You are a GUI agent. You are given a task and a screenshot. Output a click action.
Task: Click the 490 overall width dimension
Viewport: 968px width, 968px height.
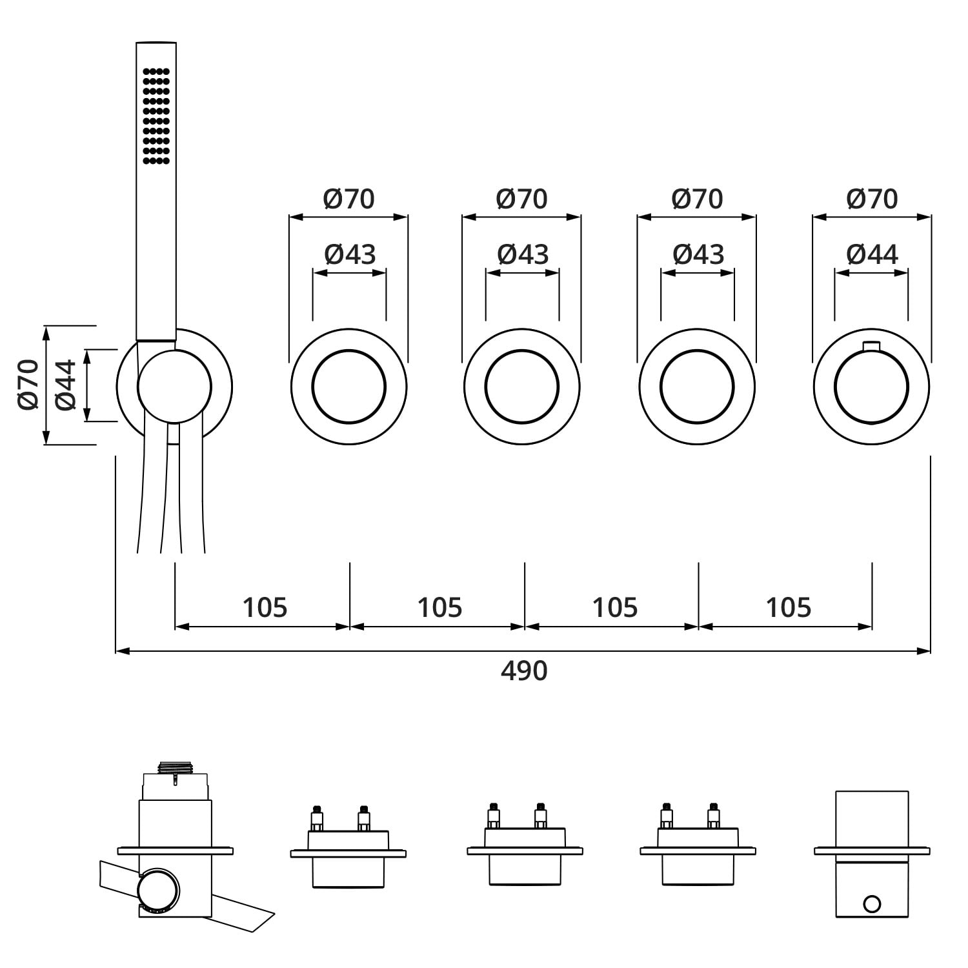pos(524,671)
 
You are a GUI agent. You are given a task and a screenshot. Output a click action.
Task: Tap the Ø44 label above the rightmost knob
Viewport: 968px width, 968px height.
pos(872,254)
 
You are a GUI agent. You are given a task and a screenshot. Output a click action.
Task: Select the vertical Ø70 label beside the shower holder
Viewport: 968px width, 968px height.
pos(29,385)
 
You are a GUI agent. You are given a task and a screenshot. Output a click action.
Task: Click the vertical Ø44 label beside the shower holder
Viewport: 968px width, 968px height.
pos(66,385)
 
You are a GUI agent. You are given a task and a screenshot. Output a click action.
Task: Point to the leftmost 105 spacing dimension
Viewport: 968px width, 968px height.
pos(265,607)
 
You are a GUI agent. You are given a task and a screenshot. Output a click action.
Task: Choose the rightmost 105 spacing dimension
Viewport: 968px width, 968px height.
pos(789,607)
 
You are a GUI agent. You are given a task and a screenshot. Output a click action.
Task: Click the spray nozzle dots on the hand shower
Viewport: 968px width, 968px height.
pos(156,116)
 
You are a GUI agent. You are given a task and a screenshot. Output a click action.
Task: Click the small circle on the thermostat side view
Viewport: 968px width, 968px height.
pos(872,904)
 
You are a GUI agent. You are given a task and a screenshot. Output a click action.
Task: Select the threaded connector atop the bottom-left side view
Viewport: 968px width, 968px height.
pos(175,768)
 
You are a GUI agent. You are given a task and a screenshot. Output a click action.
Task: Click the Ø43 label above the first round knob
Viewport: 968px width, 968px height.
pos(350,254)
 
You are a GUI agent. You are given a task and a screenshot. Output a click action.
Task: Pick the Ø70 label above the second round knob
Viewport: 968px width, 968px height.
pos(521,199)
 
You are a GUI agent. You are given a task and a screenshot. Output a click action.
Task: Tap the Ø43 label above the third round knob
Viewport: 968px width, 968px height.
pos(698,254)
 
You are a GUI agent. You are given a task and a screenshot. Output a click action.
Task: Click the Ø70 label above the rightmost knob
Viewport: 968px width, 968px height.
pos(872,199)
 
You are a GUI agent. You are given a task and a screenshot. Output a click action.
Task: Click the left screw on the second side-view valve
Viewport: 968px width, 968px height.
pos(317,818)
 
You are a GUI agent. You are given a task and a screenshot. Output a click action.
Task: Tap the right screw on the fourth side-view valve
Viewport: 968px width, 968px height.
pos(713,816)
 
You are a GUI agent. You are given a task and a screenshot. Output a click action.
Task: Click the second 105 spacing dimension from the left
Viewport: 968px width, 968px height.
pos(439,607)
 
